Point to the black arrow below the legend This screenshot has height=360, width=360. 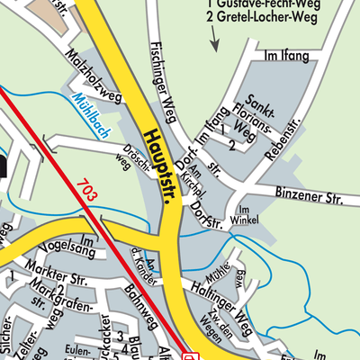pos(214,39)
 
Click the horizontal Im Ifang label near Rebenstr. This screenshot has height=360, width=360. pos(287,57)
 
